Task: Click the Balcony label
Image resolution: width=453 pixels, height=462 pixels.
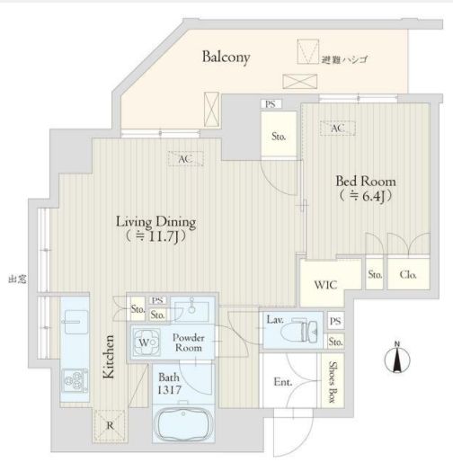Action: tap(226, 57)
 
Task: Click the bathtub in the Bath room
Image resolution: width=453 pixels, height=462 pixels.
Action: tap(183, 423)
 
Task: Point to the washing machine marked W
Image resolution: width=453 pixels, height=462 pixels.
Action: tap(146, 342)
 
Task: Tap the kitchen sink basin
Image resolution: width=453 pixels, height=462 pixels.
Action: tap(76, 322)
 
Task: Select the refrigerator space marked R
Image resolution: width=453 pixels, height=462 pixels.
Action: tap(110, 425)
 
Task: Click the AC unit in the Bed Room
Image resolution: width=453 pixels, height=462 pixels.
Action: tap(337, 129)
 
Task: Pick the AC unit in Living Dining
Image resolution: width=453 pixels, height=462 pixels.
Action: tap(186, 159)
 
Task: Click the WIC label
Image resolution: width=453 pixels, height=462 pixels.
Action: tap(325, 285)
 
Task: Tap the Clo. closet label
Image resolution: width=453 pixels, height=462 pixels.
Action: tap(408, 274)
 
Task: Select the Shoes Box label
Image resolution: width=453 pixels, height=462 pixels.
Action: tap(333, 381)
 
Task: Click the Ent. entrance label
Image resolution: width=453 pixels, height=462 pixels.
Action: tap(283, 382)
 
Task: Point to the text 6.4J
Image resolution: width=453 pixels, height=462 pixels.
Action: tap(373, 197)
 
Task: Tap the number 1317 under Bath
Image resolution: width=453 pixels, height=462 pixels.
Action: tap(169, 390)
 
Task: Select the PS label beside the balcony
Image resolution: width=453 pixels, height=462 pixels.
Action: tap(271, 104)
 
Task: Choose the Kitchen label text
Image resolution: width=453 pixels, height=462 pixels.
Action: tap(109, 357)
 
